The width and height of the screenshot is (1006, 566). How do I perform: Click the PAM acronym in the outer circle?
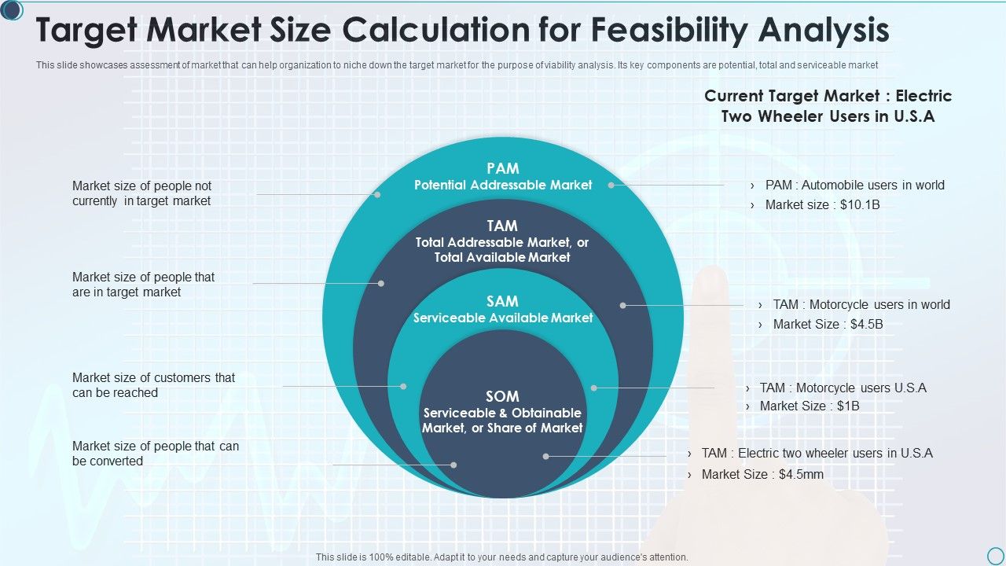coord(503,168)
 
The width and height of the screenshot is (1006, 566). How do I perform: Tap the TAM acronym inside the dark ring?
coord(502,226)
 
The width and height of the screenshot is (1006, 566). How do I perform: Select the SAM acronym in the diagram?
coord(502,301)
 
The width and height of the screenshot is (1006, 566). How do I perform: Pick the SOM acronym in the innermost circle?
coord(502,396)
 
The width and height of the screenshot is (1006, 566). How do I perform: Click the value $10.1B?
coord(860,205)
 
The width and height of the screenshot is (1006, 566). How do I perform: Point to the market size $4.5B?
coord(867,325)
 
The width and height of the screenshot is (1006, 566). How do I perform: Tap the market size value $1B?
coord(848,406)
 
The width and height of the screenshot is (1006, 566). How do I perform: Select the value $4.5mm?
coord(801,474)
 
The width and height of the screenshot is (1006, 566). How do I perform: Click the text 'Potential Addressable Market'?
coord(503,185)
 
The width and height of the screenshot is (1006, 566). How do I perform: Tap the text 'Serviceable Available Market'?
coord(503,318)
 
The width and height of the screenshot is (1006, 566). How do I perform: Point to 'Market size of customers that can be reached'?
coord(153,385)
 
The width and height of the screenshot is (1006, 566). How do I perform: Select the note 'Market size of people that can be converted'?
coord(156,454)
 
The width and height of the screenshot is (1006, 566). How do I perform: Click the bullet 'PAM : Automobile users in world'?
coord(854,185)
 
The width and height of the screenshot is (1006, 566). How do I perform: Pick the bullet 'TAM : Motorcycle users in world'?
coord(861,304)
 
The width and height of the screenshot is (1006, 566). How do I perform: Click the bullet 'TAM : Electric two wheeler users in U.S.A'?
coord(817,454)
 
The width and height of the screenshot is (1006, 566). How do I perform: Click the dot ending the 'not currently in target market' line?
coord(377,194)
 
